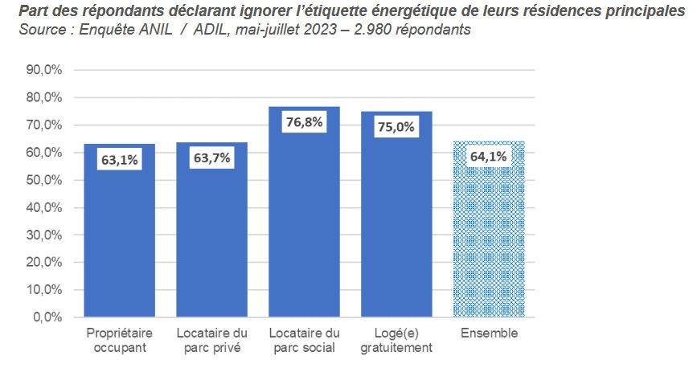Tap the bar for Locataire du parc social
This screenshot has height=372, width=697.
click(305, 225)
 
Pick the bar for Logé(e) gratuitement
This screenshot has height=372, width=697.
click(397, 225)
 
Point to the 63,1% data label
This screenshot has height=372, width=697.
click(120, 160)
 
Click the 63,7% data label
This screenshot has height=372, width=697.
click(212, 157)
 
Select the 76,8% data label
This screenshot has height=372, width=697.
click(305, 122)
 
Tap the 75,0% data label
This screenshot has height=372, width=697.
click(396, 126)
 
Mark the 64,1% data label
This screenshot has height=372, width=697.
click(488, 156)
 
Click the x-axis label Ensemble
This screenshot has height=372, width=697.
click(490, 333)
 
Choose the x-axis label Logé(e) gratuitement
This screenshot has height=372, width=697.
click(397, 340)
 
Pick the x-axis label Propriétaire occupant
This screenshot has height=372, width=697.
click(120, 340)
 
